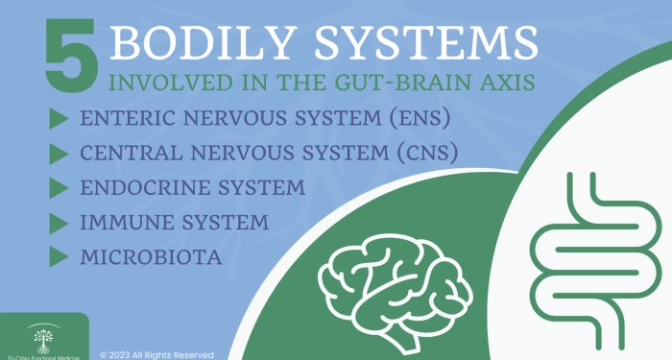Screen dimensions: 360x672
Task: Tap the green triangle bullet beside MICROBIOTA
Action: pos(58,256)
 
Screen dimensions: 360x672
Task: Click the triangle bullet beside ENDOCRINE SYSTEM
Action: pos(58,187)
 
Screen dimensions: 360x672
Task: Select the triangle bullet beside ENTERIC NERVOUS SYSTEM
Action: pos(58,119)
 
